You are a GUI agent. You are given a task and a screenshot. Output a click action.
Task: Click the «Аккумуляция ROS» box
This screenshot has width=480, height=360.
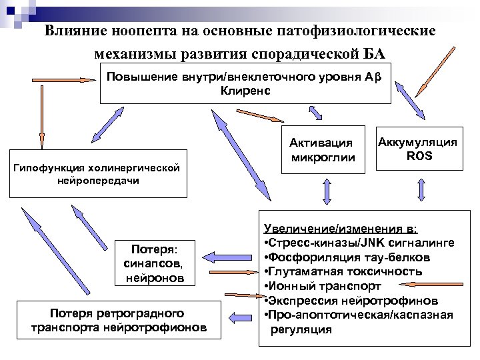point(417,148)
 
